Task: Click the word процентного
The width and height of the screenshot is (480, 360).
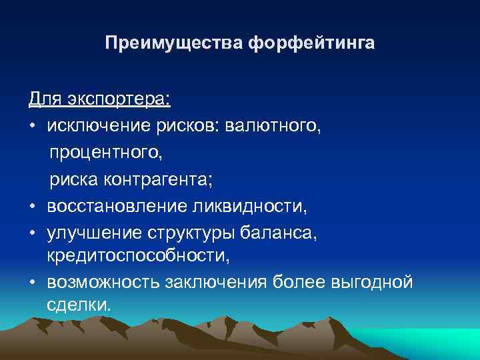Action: (105, 153)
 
